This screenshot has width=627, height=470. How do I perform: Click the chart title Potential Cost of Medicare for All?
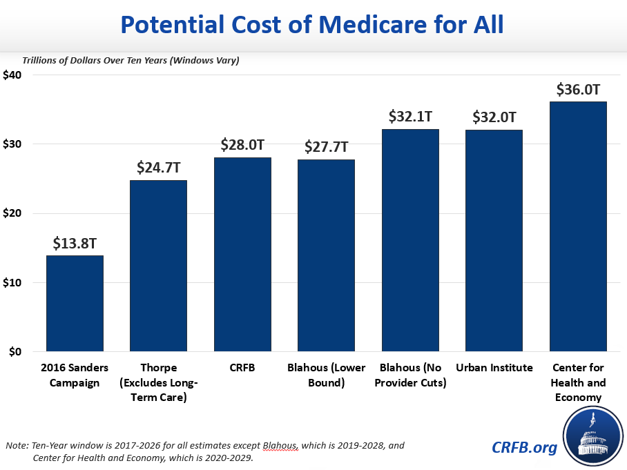tap(313, 25)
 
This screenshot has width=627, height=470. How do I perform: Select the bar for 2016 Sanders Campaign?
tap(75, 304)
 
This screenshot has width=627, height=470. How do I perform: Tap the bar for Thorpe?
tap(158, 266)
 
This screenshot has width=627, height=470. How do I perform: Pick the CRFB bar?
tap(242, 255)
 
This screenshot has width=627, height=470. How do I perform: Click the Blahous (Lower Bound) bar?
tap(326, 255)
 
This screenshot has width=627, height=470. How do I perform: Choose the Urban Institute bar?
tap(494, 241)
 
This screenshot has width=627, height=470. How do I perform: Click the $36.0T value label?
tap(578, 90)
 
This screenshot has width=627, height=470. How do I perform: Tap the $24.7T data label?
tap(158, 168)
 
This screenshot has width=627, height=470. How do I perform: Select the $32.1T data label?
tap(410, 117)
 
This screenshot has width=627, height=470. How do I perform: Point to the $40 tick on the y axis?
tap(13, 75)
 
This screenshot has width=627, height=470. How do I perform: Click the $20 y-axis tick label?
tap(13, 213)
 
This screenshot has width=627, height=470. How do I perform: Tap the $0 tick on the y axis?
tap(16, 352)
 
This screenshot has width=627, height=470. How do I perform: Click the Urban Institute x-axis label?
tap(494, 368)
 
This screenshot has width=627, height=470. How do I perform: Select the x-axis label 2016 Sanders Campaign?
tap(75, 375)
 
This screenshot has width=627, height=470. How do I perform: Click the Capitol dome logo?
tap(592, 435)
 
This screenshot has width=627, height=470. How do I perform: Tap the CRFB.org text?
tap(524, 447)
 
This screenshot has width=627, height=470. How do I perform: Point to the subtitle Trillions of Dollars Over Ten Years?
tap(131, 60)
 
